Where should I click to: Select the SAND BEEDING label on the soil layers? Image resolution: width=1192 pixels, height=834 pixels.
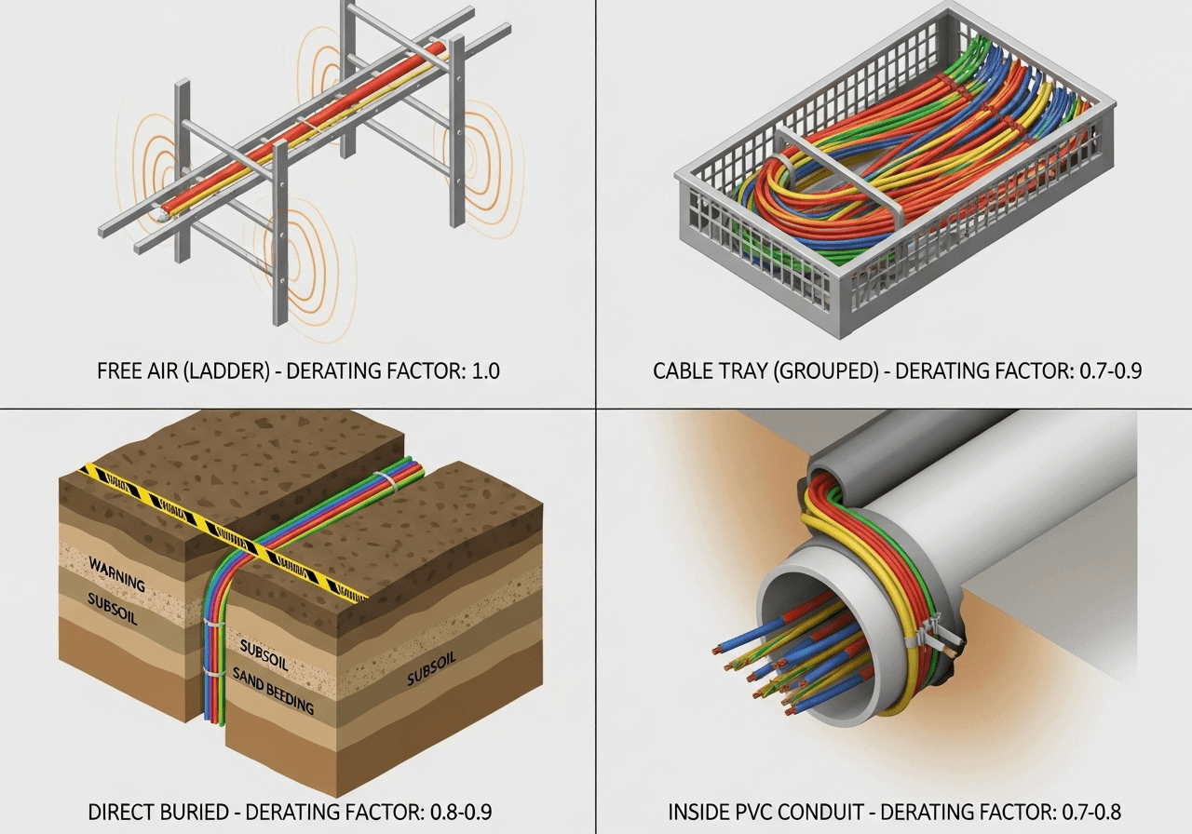point(273,690)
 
